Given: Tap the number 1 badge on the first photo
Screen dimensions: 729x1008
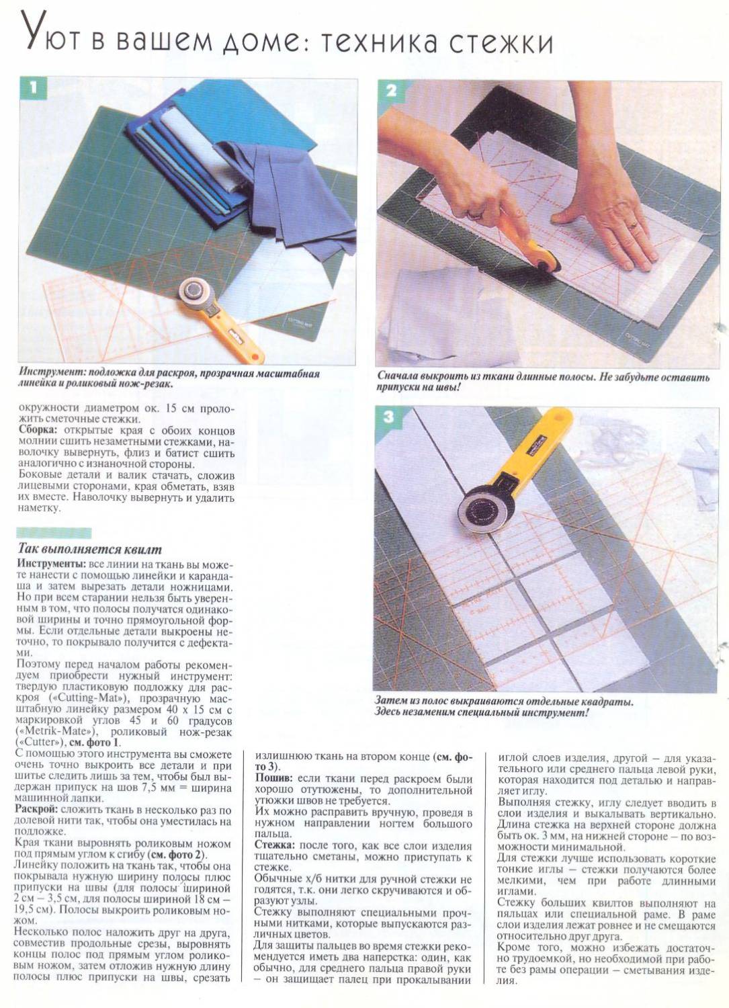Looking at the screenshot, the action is coord(33,88).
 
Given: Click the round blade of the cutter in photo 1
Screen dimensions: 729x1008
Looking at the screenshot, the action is coord(195,292).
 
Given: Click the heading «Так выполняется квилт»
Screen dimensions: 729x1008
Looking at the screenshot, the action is coord(89,550).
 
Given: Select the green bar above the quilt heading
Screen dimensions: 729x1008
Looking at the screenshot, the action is coord(54,533).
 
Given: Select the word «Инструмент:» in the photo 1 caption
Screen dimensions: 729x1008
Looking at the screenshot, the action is coord(52,374).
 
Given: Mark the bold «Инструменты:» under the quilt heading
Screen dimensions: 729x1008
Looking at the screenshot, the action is coord(51,564).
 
